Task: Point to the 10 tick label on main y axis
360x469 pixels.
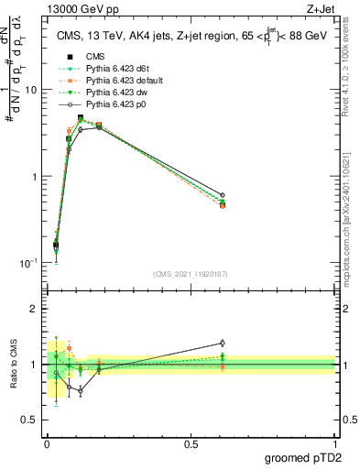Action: point(32,90)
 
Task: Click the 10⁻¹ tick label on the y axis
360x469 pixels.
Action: point(29,262)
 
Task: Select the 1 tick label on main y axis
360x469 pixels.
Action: point(35,176)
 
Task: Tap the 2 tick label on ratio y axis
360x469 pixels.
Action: point(35,309)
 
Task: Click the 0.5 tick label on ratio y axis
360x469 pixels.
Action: point(30,420)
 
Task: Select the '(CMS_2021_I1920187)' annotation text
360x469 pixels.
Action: point(190,274)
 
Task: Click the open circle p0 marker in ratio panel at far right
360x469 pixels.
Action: point(222,343)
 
